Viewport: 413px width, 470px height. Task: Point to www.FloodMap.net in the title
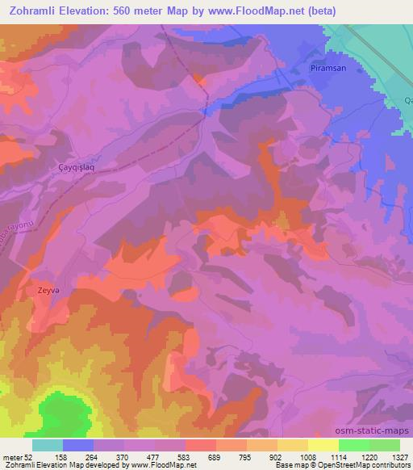pyautogui.click(x=252, y=10)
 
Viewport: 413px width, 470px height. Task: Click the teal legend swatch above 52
pyautogui.click(x=48, y=445)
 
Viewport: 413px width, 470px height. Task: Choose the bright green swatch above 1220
pyautogui.click(x=354, y=445)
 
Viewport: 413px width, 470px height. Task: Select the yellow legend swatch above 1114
pyautogui.click(x=323, y=445)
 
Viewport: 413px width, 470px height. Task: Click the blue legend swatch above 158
pyautogui.click(x=78, y=445)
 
